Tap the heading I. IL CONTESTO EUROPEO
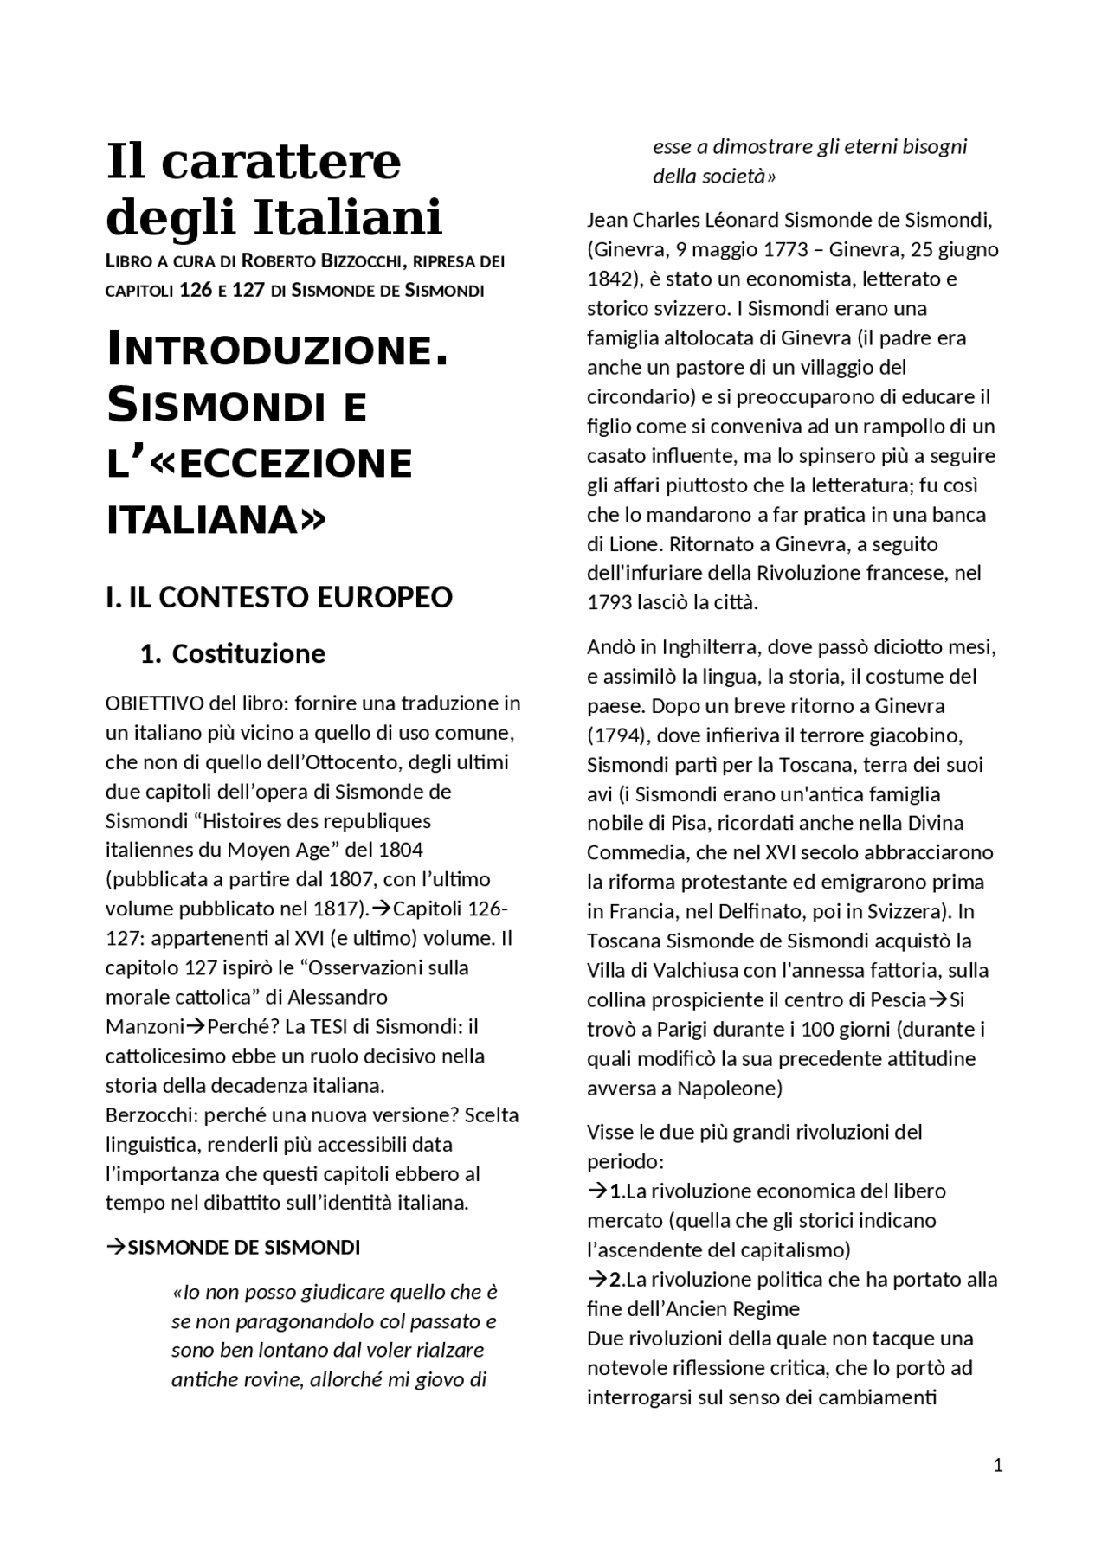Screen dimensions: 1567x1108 279,597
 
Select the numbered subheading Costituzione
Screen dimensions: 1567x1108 248,653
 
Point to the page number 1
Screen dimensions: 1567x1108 998,1465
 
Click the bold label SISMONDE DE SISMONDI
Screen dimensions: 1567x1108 243,1247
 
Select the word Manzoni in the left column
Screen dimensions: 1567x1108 145,1026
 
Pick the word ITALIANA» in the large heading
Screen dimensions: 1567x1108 216,519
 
